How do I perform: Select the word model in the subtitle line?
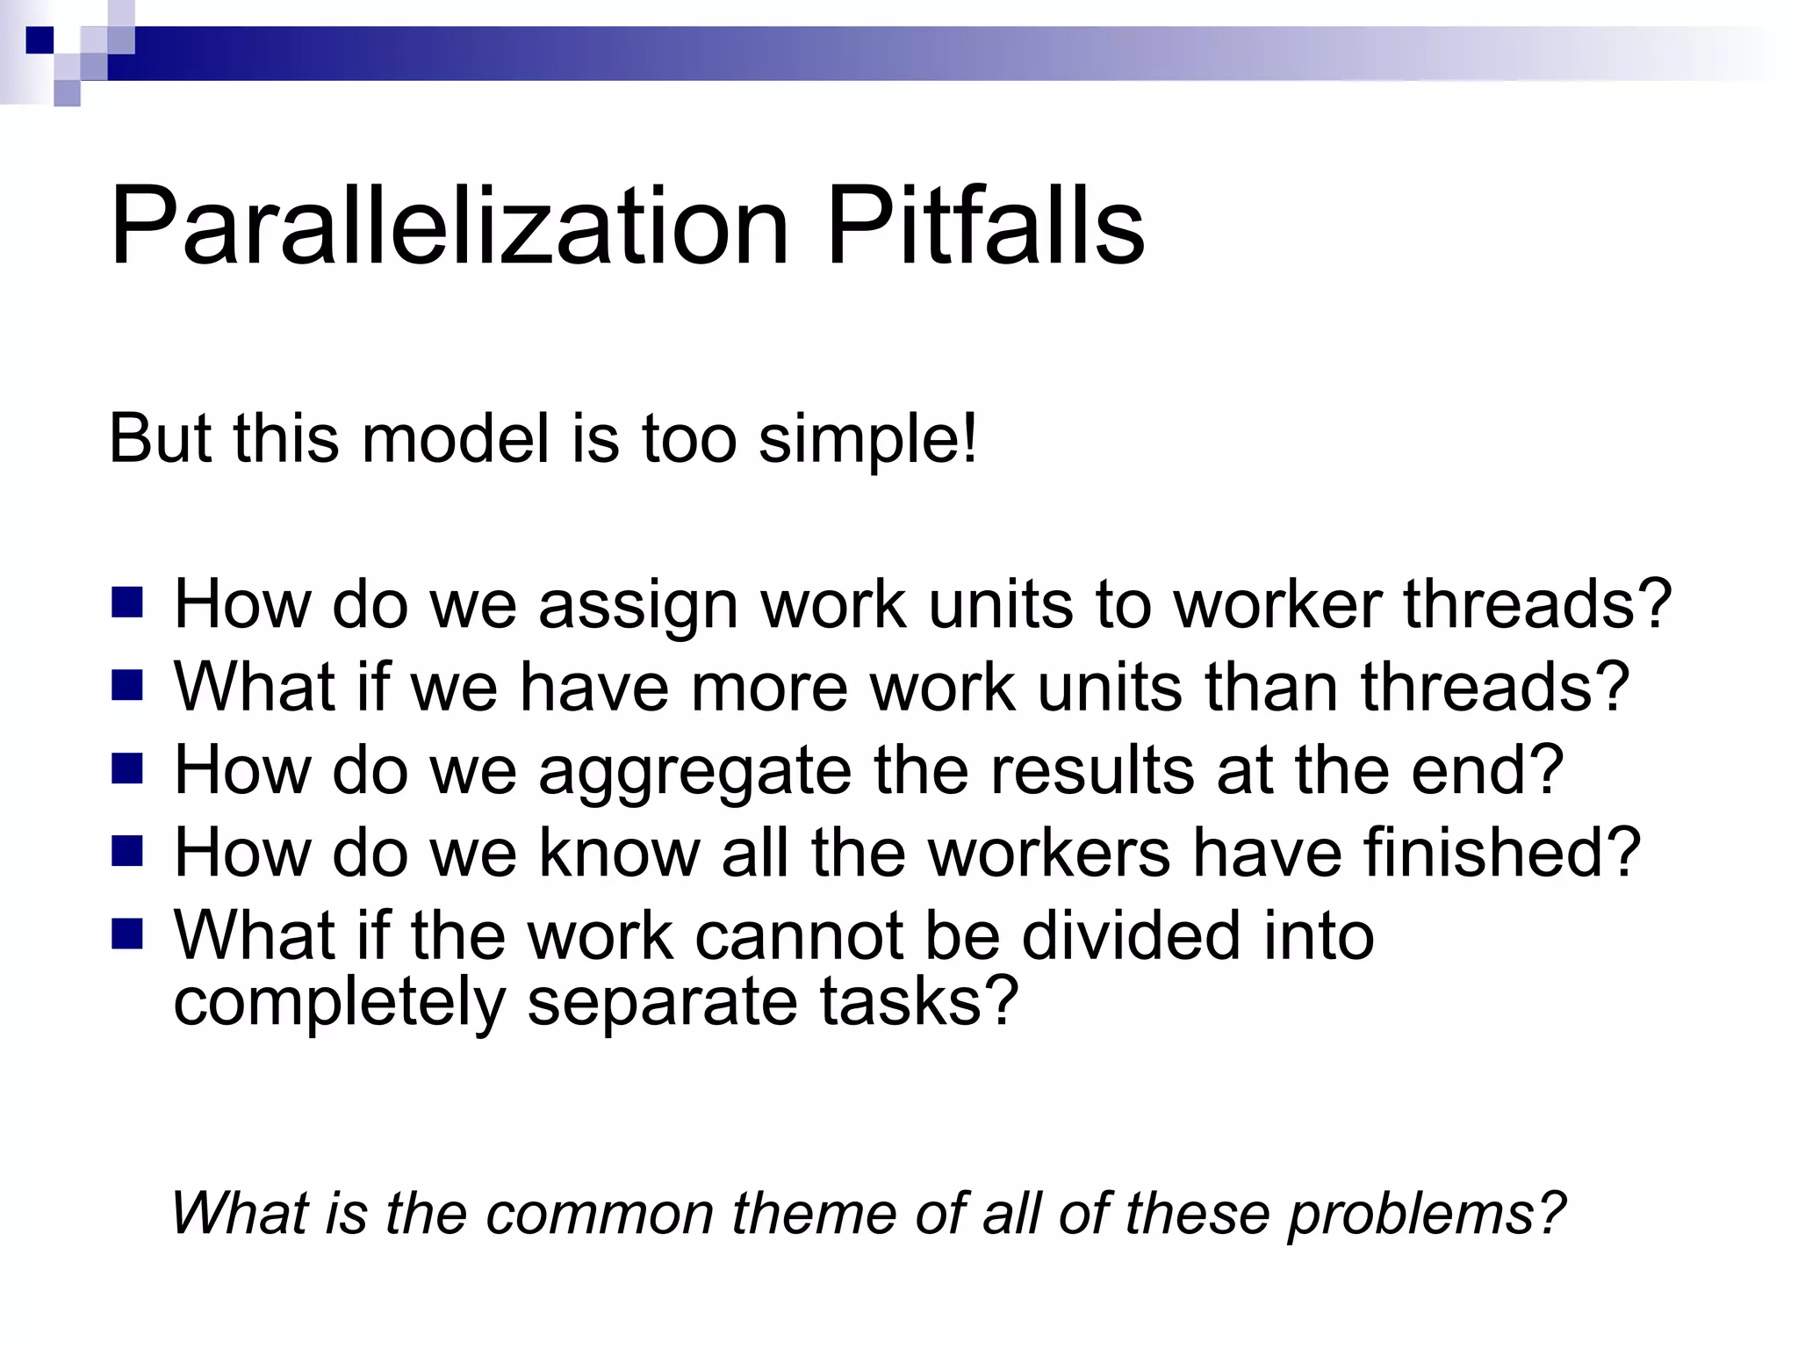point(455,439)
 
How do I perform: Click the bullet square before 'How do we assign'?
point(127,603)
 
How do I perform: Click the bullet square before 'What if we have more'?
point(127,686)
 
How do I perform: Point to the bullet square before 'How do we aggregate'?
point(127,768)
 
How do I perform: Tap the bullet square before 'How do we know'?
point(127,851)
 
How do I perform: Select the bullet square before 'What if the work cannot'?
point(127,934)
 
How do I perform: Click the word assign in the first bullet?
point(638,606)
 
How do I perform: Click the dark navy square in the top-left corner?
point(40,40)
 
